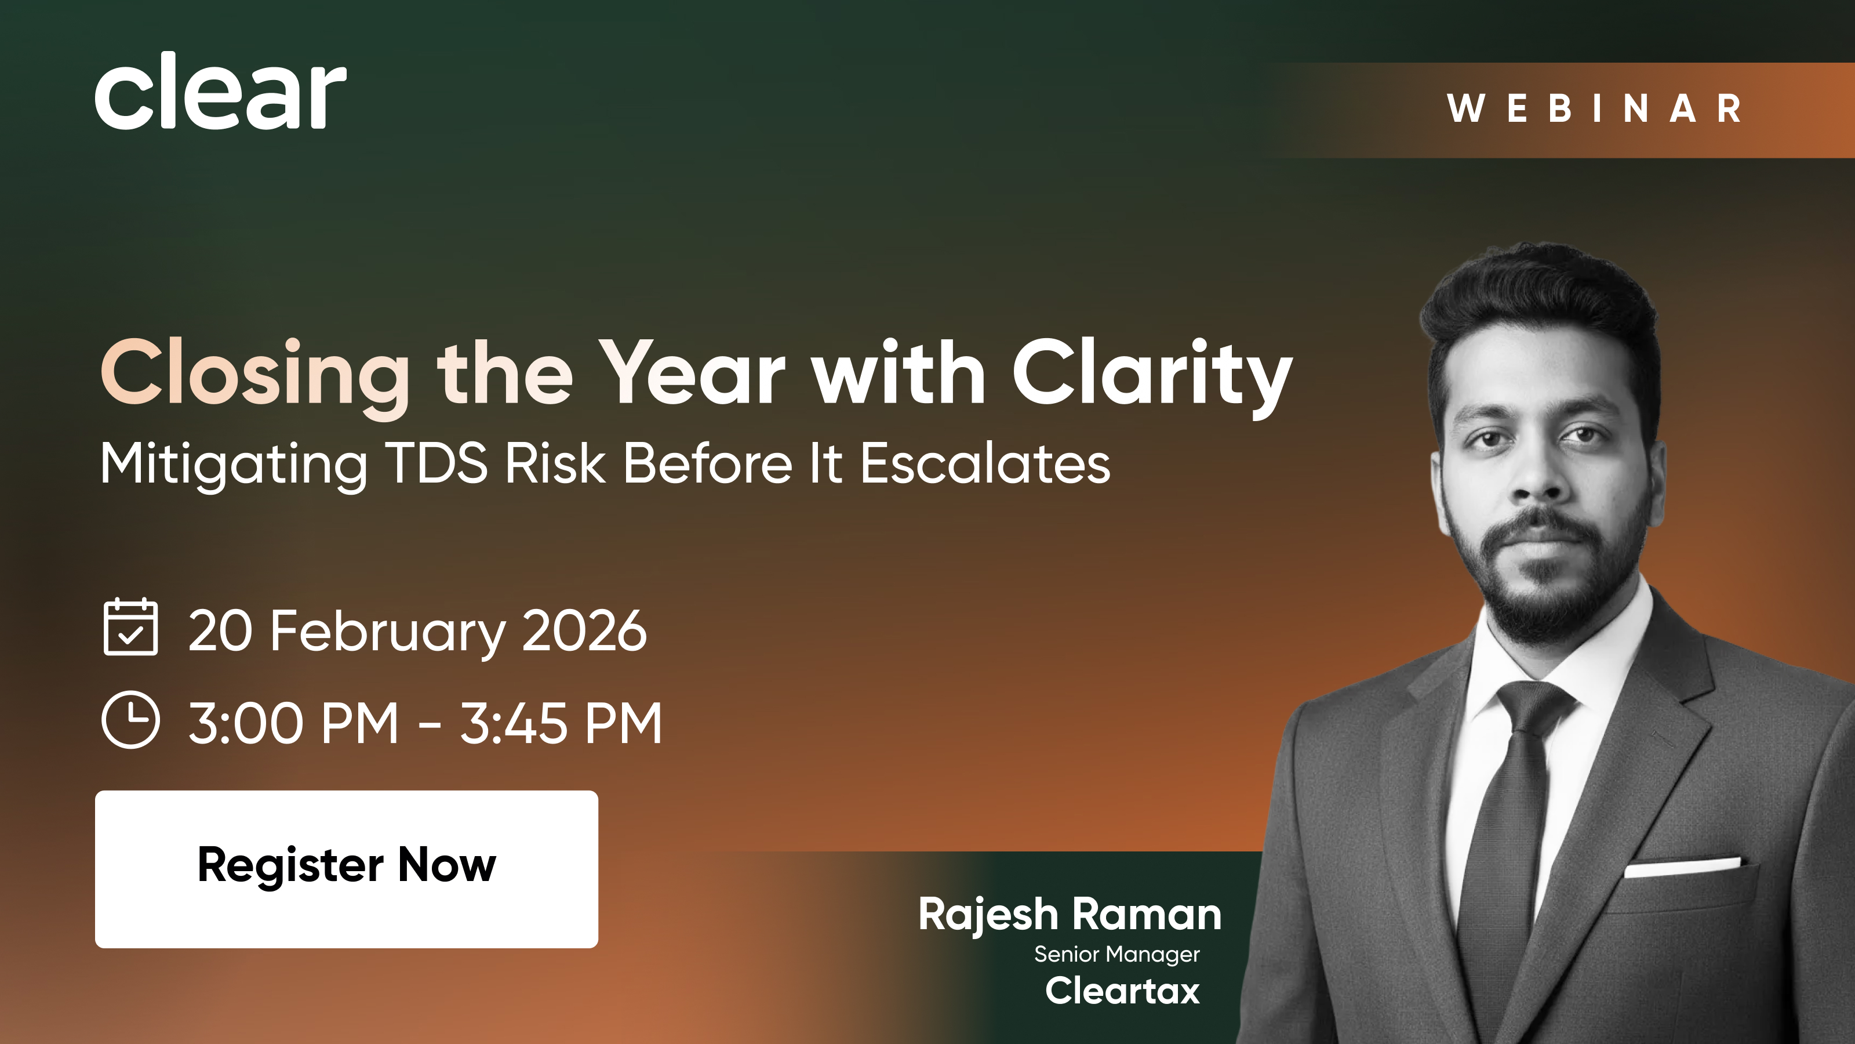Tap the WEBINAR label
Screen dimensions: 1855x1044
click(1594, 109)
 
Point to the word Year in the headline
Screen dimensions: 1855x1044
click(692, 372)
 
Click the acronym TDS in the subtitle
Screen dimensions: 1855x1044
click(437, 463)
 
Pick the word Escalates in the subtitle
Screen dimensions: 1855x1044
click(985, 463)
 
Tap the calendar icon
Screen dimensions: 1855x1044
click(130, 626)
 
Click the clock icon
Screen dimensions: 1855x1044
click(130, 720)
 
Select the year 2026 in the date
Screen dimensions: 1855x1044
click(584, 630)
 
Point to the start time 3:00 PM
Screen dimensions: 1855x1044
click(293, 723)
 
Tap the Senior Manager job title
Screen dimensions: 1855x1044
click(1117, 954)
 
